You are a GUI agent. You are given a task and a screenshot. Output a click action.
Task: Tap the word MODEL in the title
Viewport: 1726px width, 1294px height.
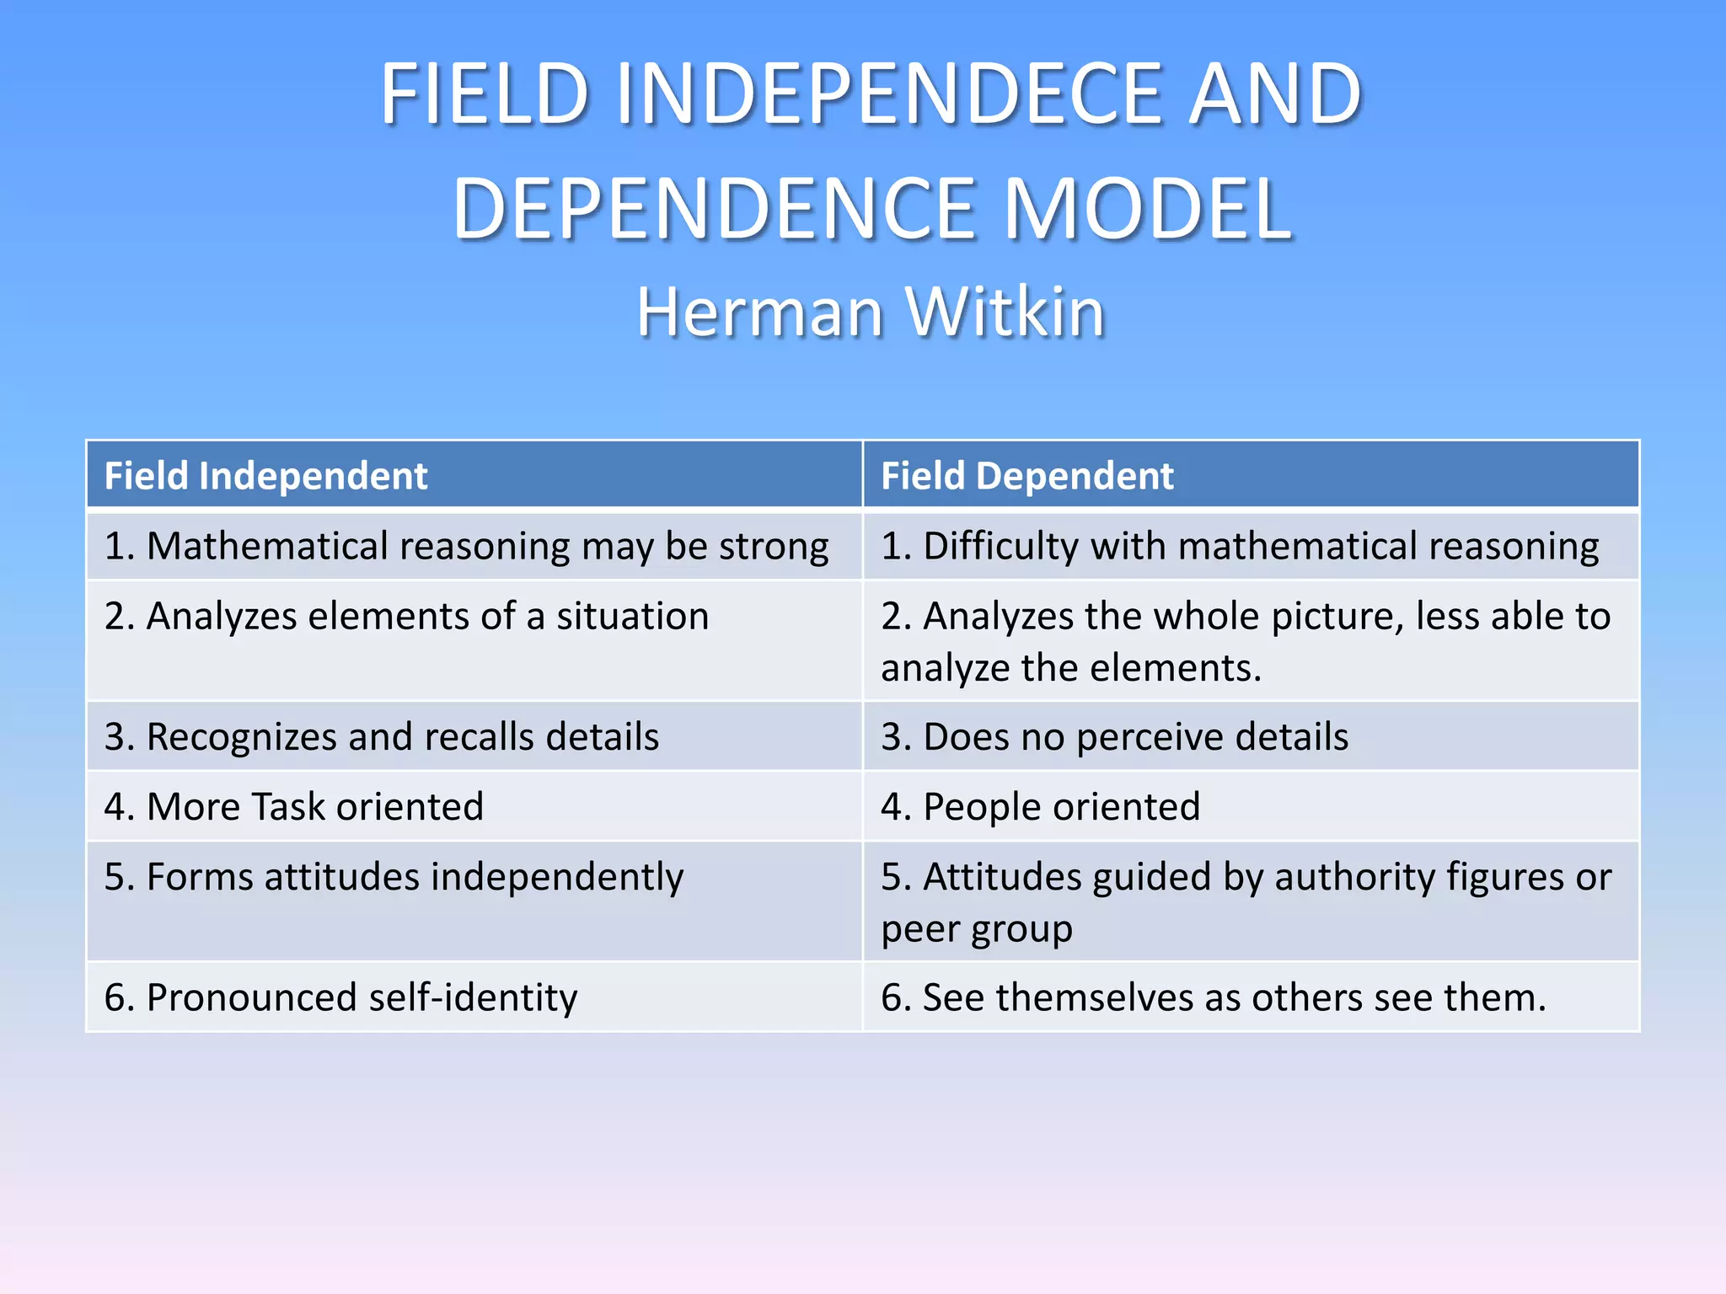pos(1148,209)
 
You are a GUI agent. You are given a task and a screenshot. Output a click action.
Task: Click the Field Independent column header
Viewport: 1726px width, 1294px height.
pos(266,476)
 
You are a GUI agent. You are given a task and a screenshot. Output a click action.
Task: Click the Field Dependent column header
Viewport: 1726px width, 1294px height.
pos(1026,476)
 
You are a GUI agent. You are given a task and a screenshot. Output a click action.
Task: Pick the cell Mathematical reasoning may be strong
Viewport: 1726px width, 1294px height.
pos(466,546)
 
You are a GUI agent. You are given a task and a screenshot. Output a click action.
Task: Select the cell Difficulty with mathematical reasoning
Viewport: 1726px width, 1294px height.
pos(1239,546)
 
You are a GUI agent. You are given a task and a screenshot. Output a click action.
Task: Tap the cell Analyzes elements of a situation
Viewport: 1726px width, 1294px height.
pos(406,616)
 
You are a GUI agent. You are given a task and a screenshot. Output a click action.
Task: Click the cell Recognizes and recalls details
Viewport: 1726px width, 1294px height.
pos(381,736)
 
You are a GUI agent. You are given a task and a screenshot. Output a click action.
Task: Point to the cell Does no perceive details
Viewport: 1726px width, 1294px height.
pos(1114,736)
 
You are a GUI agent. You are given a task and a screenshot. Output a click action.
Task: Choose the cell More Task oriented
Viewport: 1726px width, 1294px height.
pos(293,806)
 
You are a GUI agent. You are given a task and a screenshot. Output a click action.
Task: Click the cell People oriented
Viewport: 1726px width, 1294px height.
pos(1040,806)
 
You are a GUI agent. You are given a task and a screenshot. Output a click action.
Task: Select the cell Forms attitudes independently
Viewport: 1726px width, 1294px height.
pos(394,877)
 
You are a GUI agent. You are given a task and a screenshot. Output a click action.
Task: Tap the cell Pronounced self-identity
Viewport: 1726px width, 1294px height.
pos(340,997)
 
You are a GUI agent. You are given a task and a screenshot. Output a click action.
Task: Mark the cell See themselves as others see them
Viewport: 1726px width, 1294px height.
pos(1214,997)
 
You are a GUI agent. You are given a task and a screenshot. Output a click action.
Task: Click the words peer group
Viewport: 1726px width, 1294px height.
pos(976,929)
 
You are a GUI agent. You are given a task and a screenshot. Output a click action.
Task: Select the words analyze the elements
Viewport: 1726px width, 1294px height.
pos(1070,668)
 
